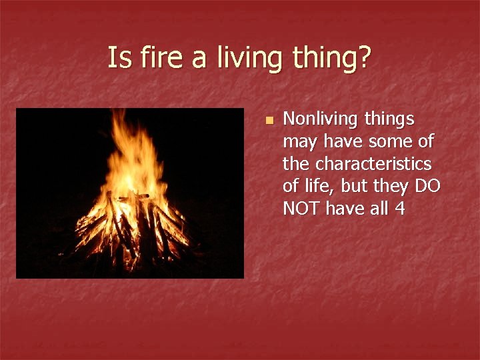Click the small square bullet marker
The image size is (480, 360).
coord(268,121)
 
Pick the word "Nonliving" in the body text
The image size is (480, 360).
coord(319,119)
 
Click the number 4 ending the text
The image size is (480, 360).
coord(399,209)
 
